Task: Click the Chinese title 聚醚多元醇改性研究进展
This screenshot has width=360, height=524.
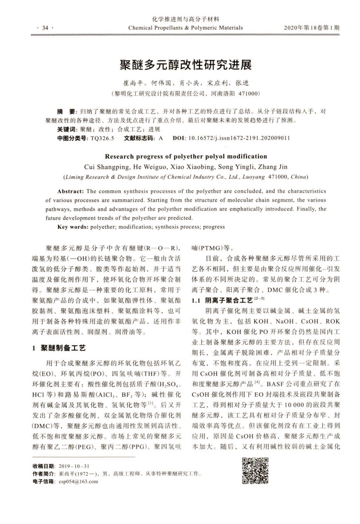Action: point(179,64)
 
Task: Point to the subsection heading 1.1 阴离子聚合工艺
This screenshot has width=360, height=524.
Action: point(222,300)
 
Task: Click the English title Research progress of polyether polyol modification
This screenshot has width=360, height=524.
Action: point(179,156)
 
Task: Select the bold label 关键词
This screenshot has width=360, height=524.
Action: point(66,129)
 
